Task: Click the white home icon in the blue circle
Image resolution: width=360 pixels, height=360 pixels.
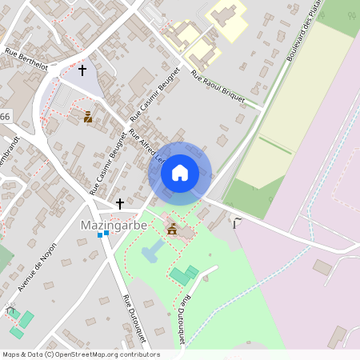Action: click(180, 172)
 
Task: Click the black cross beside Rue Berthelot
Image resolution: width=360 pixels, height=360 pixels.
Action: click(82, 70)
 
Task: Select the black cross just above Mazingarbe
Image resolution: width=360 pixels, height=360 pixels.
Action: click(120, 204)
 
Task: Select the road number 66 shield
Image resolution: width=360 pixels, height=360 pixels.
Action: click(5, 117)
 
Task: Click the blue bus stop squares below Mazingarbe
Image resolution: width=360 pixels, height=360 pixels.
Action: click(102, 234)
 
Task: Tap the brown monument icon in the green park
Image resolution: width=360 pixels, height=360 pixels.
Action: click(171, 230)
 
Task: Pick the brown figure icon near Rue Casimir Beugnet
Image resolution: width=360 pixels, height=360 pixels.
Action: click(88, 118)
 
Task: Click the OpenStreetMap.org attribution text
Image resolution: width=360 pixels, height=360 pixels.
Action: click(104, 354)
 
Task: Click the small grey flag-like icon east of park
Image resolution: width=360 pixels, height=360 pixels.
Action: click(235, 220)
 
